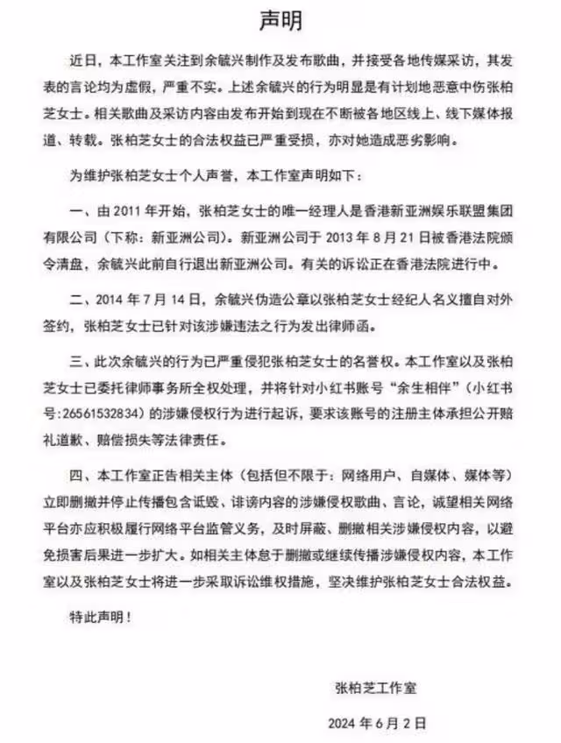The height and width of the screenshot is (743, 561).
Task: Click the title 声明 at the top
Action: coord(281,18)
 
